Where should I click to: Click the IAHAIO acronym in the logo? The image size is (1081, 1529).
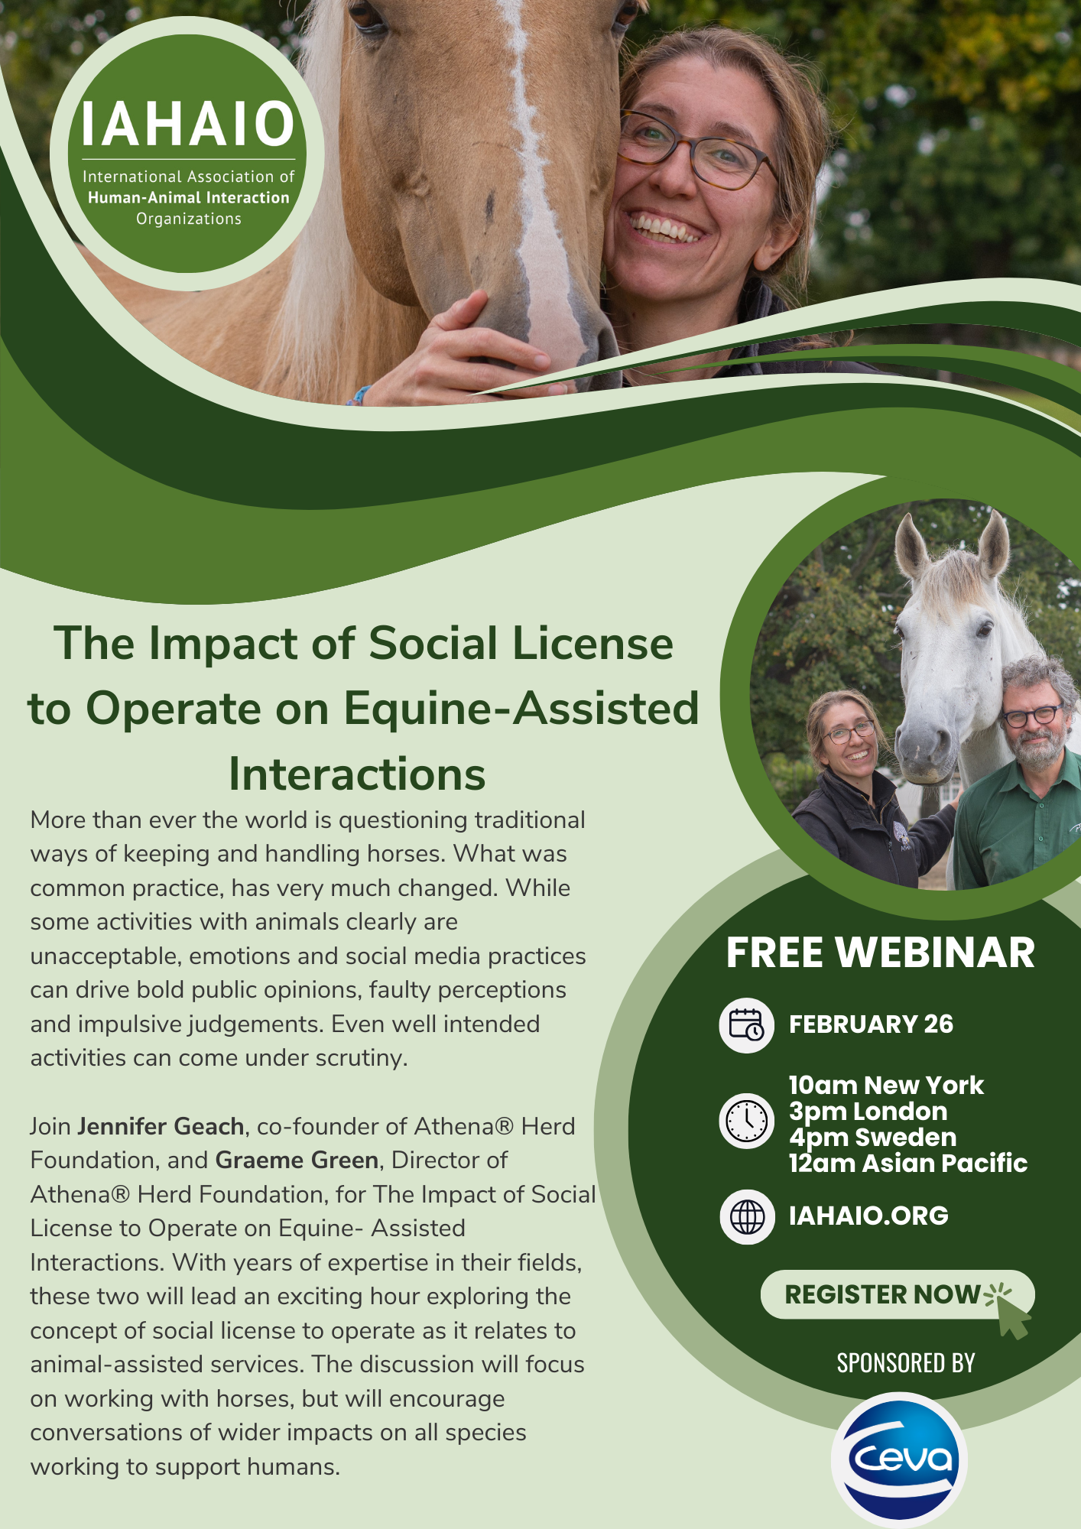point(187,124)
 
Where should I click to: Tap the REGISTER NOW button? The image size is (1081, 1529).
point(897,1294)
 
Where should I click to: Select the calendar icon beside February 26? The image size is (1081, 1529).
point(747,1024)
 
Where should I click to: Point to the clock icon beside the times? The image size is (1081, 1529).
point(747,1122)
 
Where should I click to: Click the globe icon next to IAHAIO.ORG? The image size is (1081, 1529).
point(747,1216)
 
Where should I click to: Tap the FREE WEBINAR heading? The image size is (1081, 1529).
point(880,953)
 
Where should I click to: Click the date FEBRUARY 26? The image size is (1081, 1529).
point(871,1024)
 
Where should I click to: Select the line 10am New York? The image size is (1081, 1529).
point(886,1085)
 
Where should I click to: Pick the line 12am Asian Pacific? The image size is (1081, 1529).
point(908,1163)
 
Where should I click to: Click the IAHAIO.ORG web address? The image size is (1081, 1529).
point(868,1216)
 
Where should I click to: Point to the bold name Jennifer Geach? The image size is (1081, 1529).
point(161,1126)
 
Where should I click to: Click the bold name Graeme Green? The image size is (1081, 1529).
point(297,1161)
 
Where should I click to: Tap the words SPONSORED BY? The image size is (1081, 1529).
point(906,1363)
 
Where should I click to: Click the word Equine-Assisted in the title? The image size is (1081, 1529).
point(521,708)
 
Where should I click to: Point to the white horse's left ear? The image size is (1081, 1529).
point(911,546)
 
